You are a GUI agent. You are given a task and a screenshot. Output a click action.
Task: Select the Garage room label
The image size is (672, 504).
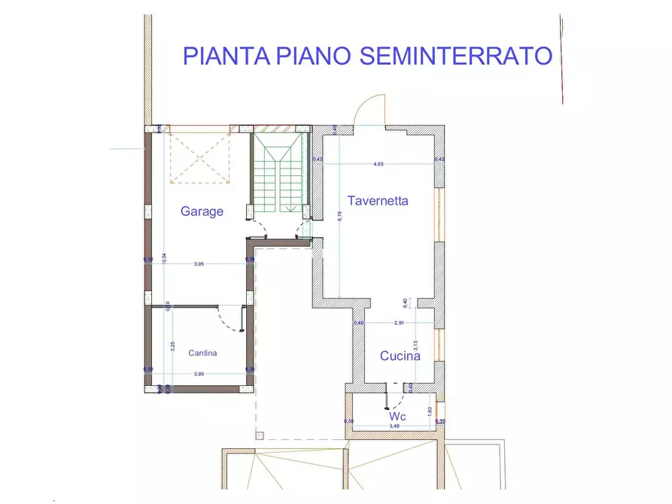tap(202, 211)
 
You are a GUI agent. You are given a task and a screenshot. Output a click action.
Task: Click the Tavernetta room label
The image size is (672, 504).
tap(378, 200)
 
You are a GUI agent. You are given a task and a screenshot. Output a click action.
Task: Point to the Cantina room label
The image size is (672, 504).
tap(202, 352)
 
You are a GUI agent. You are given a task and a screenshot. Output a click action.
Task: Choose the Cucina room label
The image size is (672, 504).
tap(400, 357)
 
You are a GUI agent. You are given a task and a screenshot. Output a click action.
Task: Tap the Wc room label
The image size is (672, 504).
tap(398, 416)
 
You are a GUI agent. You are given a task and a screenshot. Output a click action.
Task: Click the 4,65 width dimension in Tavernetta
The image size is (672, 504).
tap(379, 163)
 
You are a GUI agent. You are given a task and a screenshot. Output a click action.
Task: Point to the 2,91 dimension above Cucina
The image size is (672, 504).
tap(399, 323)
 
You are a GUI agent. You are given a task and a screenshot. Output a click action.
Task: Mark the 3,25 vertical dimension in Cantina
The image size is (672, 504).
tap(172, 346)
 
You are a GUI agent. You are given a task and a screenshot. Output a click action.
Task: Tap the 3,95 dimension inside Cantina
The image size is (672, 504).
tap(199, 374)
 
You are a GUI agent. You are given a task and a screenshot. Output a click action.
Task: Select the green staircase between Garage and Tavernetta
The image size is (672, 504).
tap(280, 173)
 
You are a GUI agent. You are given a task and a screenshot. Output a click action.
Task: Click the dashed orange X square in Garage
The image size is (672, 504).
tap(200, 156)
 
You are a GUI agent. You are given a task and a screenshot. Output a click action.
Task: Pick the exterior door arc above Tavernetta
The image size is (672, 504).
tap(370, 109)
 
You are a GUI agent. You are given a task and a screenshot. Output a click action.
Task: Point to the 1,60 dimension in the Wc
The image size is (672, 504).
tap(429, 411)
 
